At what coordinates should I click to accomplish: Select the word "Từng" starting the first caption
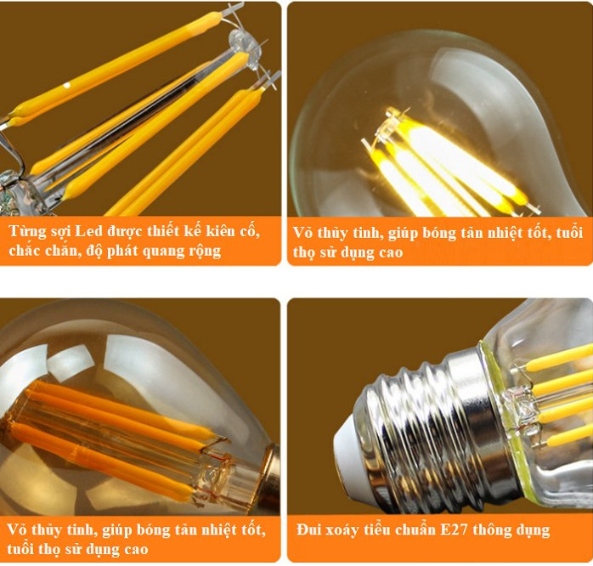[x=28, y=231]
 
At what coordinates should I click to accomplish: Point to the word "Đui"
[x=311, y=530]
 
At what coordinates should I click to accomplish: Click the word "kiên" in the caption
[x=209, y=231]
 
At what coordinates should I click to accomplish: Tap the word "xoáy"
[x=345, y=530]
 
